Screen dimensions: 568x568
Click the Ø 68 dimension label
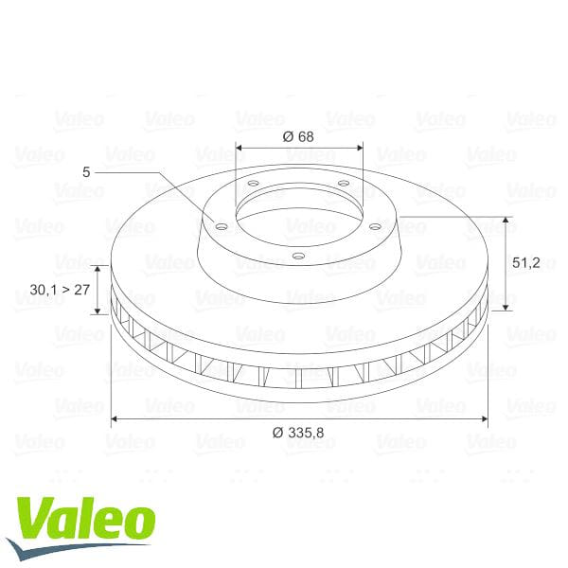(x=298, y=135)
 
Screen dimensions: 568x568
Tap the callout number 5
(x=86, y=172)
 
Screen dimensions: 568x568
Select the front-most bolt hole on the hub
(x=298, y=255)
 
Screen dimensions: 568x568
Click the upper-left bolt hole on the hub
(x=254, y=184)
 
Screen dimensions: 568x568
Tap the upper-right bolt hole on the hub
(x=343, y=183)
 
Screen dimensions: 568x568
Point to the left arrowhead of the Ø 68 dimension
(x=239, y=148)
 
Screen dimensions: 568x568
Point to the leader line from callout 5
(x=161, y=175)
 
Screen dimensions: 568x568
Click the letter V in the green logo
(x=34, y=521)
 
